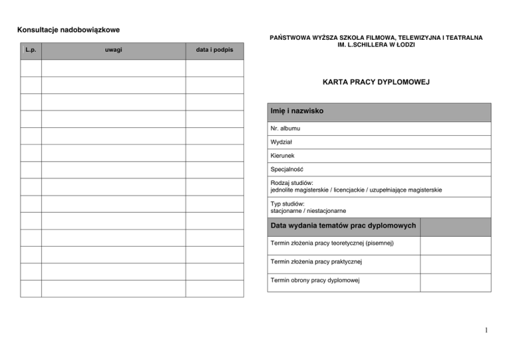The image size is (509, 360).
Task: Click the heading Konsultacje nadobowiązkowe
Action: coord(68,29)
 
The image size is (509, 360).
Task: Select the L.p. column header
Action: coord(30,50)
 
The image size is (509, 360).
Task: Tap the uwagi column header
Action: coord(113,50)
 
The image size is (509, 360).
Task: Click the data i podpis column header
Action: coord(215,50)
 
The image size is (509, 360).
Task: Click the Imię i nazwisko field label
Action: coord(297,111)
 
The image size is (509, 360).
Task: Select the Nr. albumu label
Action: coord(285,127)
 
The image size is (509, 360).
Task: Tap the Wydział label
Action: coord(282,141)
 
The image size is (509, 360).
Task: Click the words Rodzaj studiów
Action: coord(292,183)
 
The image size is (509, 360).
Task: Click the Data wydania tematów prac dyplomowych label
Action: coord(343,226)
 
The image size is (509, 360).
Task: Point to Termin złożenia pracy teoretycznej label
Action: coord(332,243)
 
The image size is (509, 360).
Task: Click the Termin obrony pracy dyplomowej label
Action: coord(315,280)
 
